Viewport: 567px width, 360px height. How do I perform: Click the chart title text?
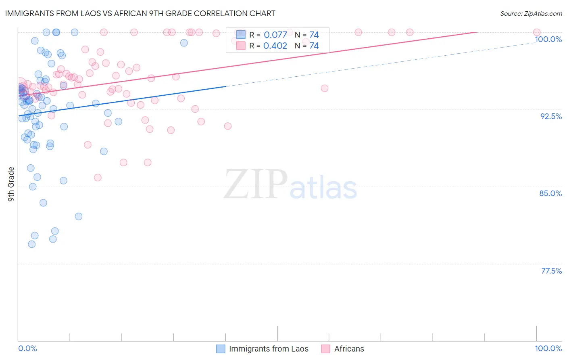140,13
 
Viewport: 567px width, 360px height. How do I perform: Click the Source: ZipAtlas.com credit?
531,14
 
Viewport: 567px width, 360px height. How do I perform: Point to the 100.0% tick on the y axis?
548,39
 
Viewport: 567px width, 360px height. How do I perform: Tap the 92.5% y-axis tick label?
551,116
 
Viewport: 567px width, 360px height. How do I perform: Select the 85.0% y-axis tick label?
550,193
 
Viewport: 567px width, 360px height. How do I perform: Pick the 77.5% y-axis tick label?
551,271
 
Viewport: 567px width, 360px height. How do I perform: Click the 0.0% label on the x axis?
27,348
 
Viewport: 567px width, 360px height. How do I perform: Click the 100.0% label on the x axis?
548,348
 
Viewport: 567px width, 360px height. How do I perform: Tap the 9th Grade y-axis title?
11,184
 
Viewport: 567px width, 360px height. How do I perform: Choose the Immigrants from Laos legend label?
269,349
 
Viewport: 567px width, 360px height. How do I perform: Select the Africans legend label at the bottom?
349,349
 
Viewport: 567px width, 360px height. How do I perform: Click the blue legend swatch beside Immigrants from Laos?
221,349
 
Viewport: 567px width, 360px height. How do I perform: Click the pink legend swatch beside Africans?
325,349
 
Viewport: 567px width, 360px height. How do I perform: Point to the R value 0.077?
275,35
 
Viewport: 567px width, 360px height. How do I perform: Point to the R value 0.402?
275,46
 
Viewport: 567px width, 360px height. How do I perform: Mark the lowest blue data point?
32,244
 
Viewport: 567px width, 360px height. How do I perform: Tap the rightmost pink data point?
537,32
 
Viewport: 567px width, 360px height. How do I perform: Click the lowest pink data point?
98,178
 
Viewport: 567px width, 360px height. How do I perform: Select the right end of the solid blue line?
225,86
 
